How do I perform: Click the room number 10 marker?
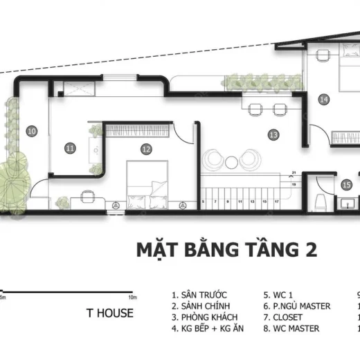(x=32, y=130)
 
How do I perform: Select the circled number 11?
(x=69, y=147)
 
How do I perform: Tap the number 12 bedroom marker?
(x=145, y=148)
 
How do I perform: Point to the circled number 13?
(x=273, y=134)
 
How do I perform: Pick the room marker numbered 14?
(x=323, y=99)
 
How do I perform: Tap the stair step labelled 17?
(x=277, y=201)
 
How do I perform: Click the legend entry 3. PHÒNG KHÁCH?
(x=200, y=317)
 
